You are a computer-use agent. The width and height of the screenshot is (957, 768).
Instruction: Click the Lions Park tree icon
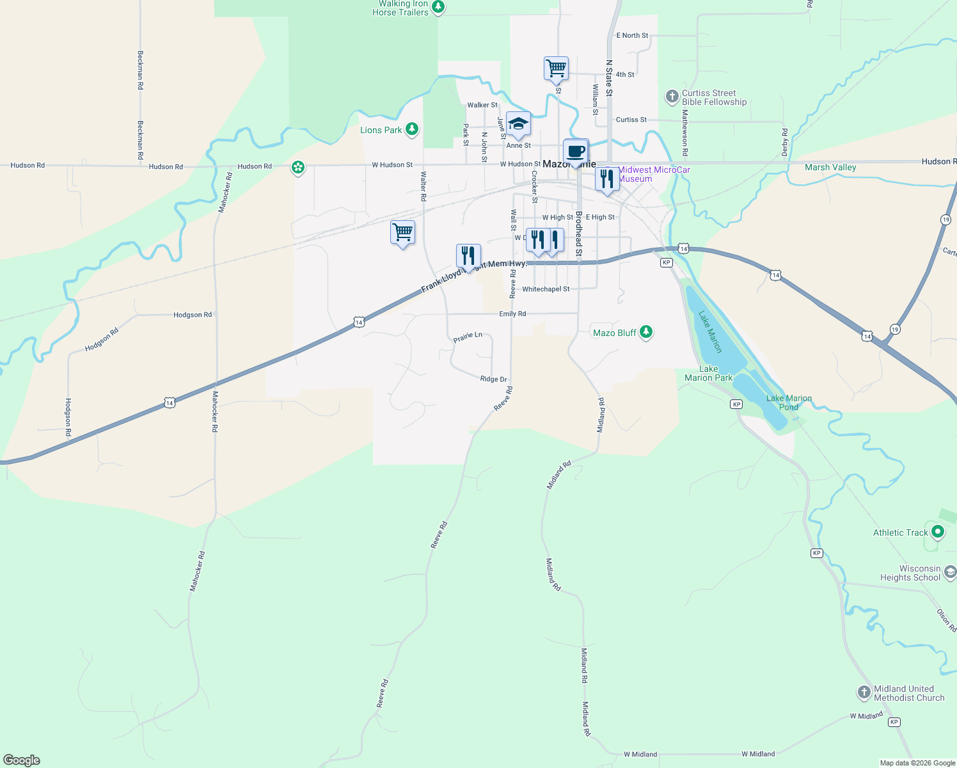412,130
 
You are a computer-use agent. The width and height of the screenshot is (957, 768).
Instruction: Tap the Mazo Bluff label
614,333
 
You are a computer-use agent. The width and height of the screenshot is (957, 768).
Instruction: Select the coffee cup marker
576,152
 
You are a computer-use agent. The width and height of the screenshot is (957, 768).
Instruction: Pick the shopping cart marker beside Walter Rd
402,233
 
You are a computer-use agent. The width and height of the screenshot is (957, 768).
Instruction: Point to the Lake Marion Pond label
789,403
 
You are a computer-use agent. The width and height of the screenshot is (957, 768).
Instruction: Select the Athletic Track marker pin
938,532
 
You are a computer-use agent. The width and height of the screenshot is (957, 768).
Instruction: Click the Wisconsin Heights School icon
950,572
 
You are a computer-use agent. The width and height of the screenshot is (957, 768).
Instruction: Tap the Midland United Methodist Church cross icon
864,692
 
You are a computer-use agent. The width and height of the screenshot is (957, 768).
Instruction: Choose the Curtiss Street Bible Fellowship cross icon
672,97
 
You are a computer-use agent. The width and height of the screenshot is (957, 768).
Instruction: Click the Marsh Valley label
830,168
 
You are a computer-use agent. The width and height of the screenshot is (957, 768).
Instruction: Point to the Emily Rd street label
512,314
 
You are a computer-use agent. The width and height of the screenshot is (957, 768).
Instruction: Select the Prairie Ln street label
468,337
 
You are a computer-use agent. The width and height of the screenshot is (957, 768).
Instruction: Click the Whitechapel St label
546,289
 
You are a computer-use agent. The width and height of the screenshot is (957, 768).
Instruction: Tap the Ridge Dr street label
493,380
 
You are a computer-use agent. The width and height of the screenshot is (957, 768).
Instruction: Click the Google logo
22,760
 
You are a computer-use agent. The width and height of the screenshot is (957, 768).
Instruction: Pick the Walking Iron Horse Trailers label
400,8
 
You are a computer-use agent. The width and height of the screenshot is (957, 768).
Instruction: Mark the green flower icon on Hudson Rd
297,168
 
